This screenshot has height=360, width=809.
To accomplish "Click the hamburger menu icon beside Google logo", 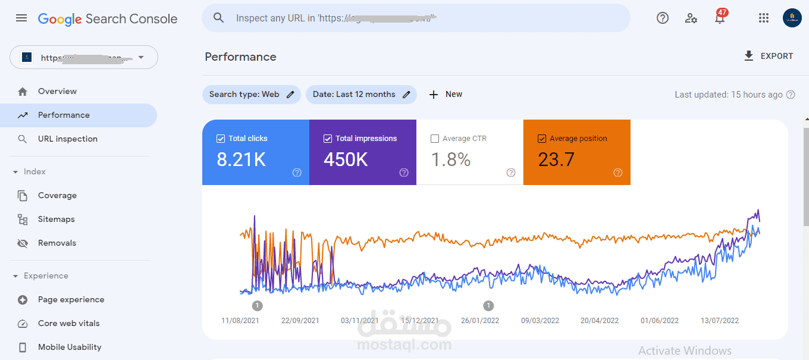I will click(x=21, y=18).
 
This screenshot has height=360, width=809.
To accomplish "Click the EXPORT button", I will click(x=769, y=56).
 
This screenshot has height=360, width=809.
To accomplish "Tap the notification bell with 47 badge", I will click(x=720, y=18).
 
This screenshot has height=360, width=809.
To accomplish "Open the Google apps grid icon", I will click(x=764, y=18).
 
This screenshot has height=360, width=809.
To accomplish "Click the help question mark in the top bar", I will click(x=663, y=18).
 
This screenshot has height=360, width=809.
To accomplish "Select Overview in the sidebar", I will click(x=57, y=91).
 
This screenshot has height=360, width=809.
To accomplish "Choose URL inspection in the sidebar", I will click(x=67, y=139).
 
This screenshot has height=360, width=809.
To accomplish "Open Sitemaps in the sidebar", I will click(x=56, y=219).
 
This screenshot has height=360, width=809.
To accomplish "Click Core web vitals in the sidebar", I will click(x=68, y=323).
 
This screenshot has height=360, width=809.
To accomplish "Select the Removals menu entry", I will click(x=57, y=243).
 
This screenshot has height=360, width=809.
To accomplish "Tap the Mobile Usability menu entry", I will click(x=69, y=347).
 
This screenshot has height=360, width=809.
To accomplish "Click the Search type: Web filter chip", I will click(x=252, y=94).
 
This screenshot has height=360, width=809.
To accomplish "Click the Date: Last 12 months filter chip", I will click(x=361, y=94).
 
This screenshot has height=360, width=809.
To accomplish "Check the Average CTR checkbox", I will click(x=435, y=139).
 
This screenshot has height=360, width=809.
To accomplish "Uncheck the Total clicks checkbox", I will click(x=221, y=139).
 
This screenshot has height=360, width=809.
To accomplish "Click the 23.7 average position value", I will click(x=556, y=159).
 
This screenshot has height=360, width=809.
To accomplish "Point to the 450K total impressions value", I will click(x=346, y=159).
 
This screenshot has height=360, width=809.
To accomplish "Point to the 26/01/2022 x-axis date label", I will click(x=480, y=320).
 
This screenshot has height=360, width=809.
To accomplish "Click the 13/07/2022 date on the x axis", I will click(x=719, y=320).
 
